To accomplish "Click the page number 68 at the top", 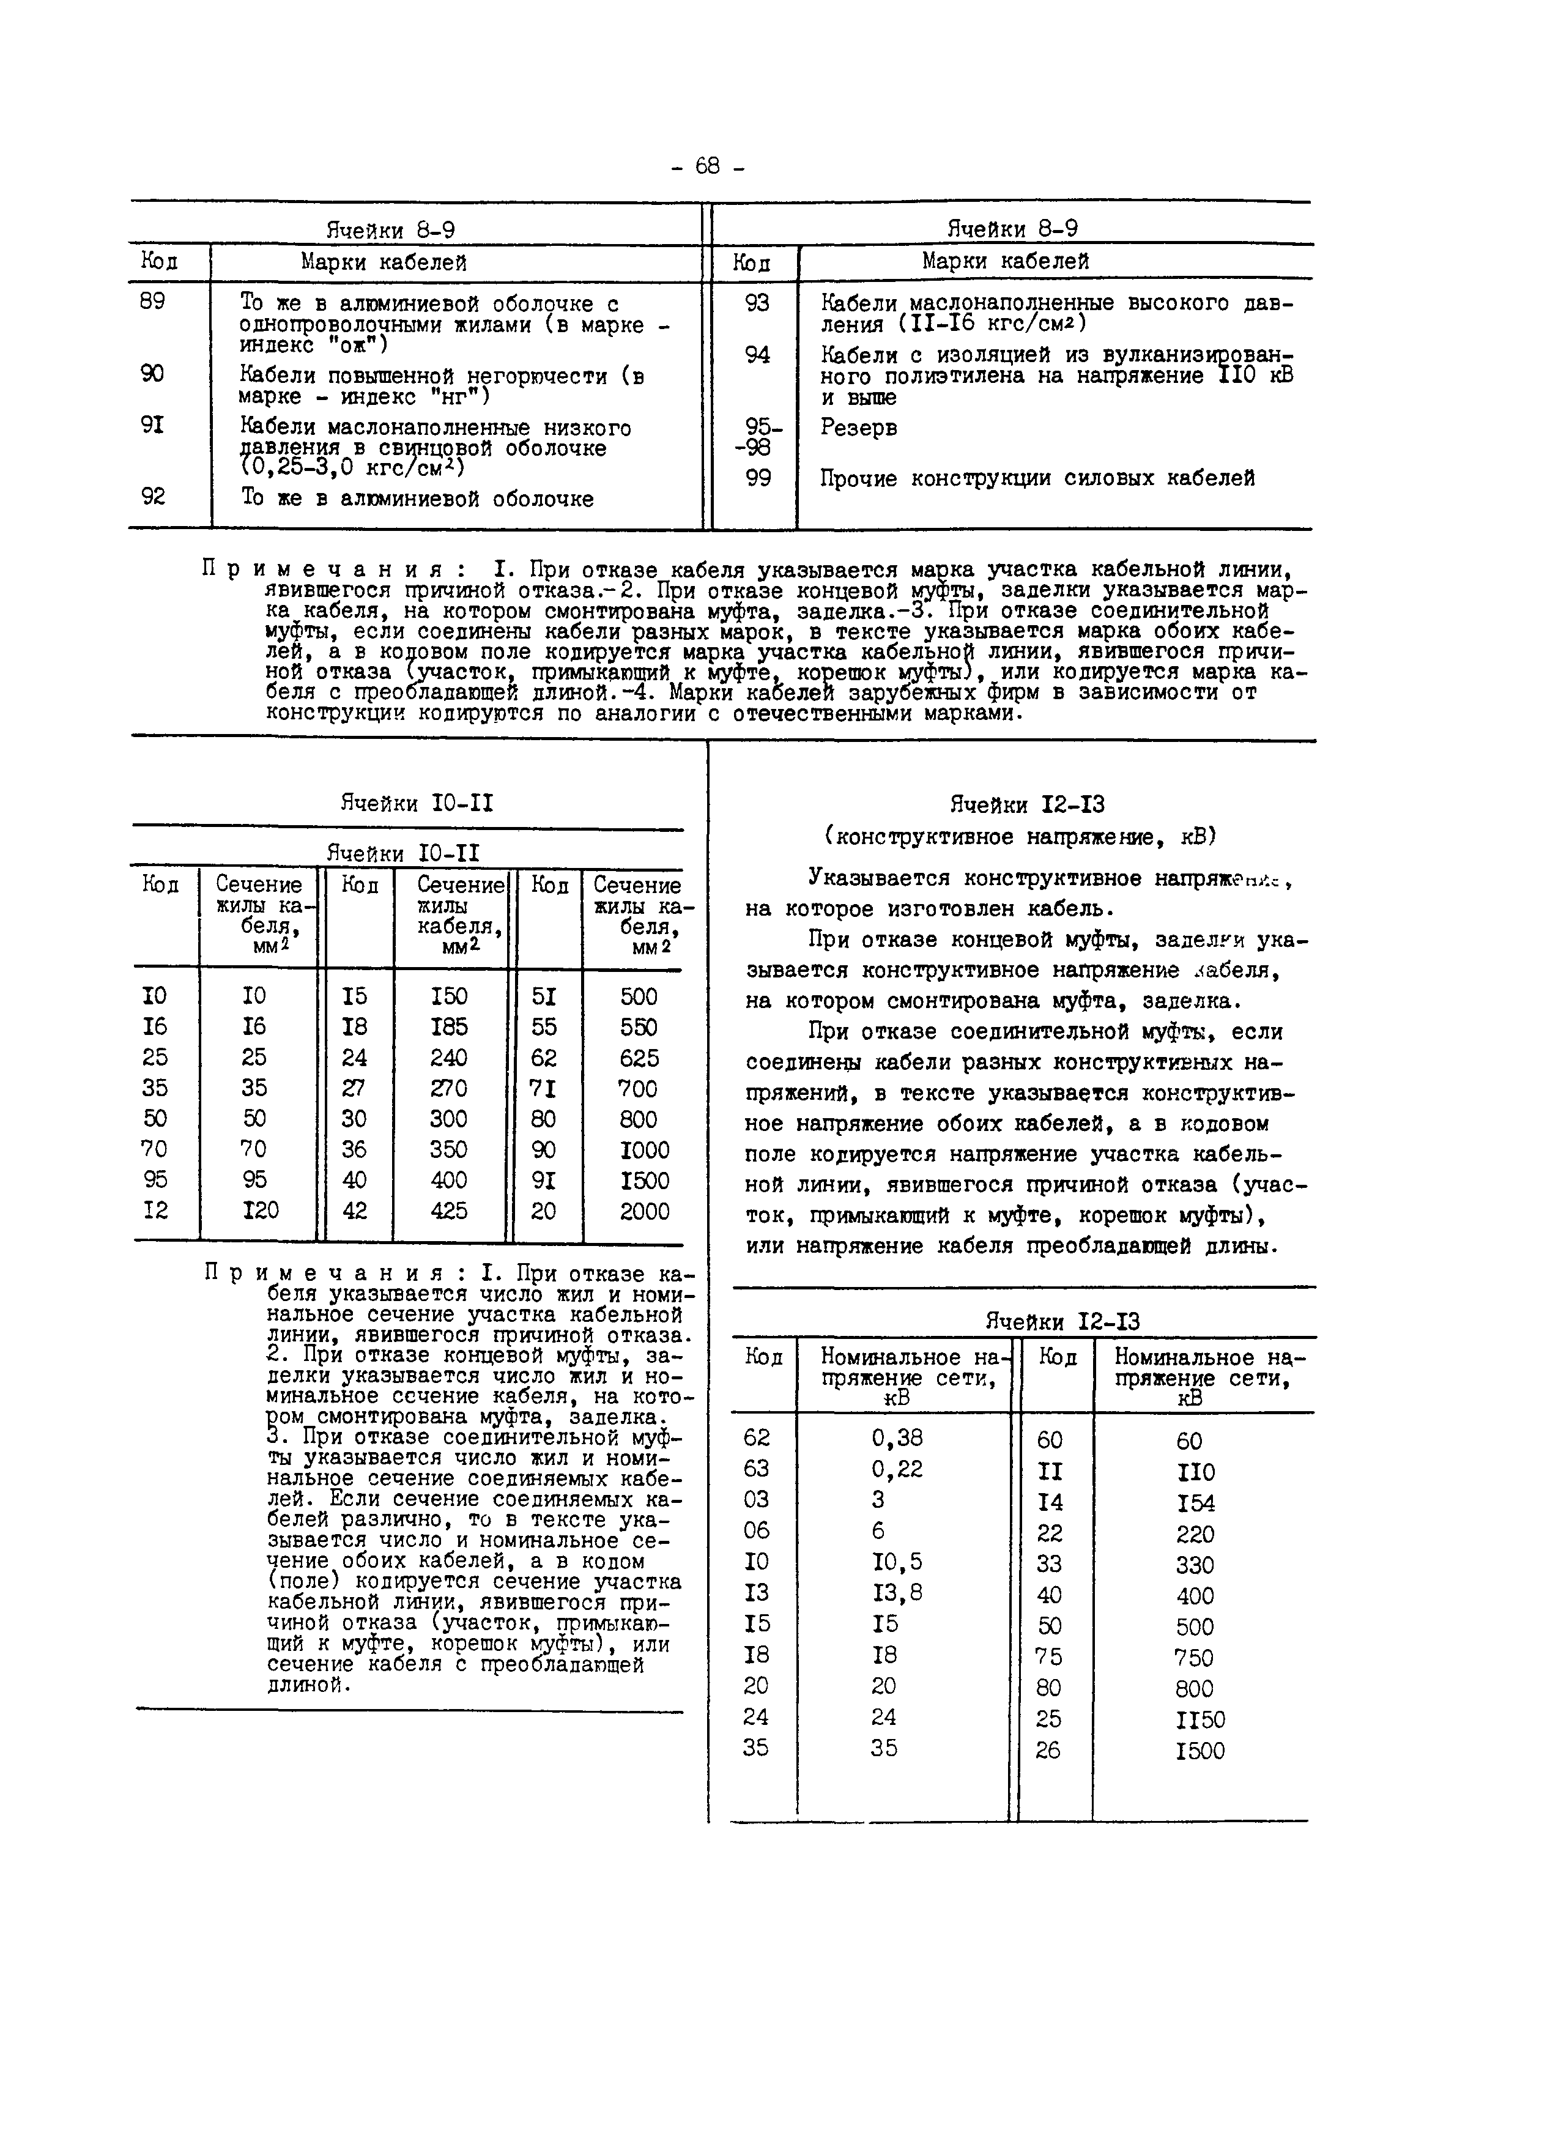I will pos(707,166).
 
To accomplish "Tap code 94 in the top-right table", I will pos(757,355).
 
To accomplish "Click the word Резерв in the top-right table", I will pos(859,428).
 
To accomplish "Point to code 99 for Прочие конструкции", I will pos(757,479).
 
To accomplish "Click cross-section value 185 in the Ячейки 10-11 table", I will pos(449,1027).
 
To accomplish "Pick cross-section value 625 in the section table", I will pos(639,1058).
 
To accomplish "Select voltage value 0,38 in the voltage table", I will pos(897,1438).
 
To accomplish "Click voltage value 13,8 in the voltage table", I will pos(897,1592).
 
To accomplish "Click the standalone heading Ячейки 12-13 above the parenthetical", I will pos(1027,806).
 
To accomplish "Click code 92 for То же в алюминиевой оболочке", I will pos(152,496).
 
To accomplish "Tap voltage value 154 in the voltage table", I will pos(1196,1504).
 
